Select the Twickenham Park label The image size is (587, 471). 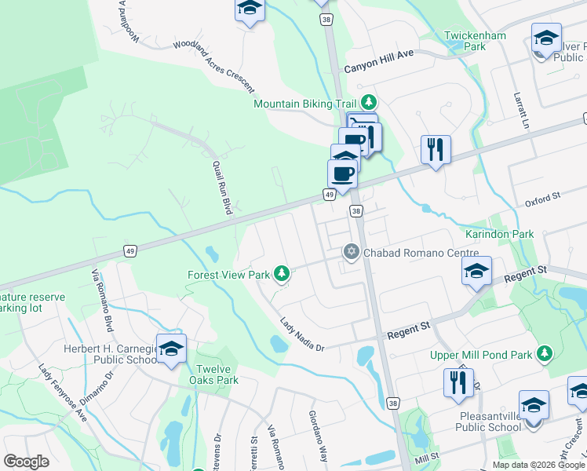(x=475, y=41)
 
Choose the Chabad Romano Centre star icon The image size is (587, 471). (x=352, y=252)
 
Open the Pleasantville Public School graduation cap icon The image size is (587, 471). (x=534, y=405)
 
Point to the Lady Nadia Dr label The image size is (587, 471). (x=302, y=334)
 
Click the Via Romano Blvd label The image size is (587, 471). (x=102, y=298)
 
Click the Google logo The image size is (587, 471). (x=26, y=461)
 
